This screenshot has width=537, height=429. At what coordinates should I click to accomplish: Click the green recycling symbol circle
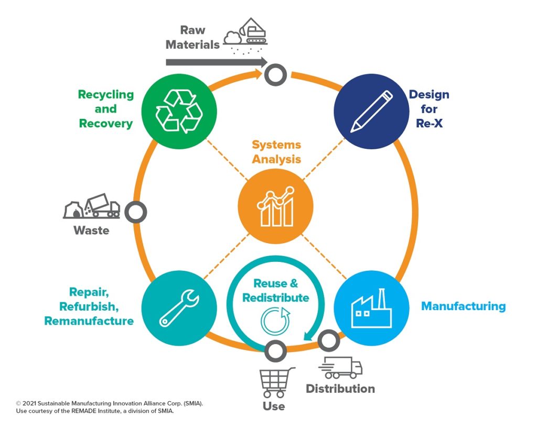click(179, 110)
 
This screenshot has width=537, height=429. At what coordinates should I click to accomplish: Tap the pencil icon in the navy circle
click(371, 111)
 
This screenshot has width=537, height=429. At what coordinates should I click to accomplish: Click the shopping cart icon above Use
click(275, 382)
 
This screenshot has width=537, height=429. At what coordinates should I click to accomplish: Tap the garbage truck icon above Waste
click(92, 207)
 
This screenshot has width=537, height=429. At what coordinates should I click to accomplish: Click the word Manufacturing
click(463, 306)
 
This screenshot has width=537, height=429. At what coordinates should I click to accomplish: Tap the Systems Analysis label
click(276, 151)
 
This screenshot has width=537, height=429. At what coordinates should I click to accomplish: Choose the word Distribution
click(340, 389)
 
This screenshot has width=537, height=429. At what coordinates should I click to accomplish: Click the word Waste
click(91, 230)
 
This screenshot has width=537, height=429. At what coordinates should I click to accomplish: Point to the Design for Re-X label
click(429, 109)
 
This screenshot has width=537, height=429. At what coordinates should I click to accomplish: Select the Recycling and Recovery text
click(106, 109)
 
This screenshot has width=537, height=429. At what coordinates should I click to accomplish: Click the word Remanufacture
click(89, 321)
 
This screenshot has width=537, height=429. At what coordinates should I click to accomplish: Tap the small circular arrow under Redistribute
click(275, 321)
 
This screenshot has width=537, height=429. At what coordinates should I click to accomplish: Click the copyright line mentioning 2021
click(110, 403)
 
